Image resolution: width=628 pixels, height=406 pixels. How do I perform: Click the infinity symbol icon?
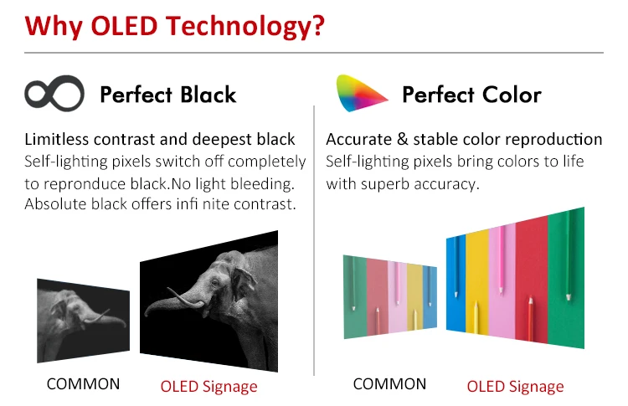(x=54, y=93)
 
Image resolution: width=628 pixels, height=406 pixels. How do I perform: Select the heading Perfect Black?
(x=167, y=94)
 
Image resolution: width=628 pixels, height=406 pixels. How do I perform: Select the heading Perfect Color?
(x=471, y=94)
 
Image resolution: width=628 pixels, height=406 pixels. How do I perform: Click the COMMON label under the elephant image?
(x=83, y=384)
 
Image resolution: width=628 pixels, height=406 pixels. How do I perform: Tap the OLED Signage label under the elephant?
(x=208, y=386)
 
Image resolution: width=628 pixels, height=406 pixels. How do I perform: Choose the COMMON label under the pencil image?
(x=389, y=384)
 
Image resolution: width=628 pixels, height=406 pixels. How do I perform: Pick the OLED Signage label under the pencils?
(x=515, y=386)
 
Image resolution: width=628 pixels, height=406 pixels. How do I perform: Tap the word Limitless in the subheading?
(x=56, y=139)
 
